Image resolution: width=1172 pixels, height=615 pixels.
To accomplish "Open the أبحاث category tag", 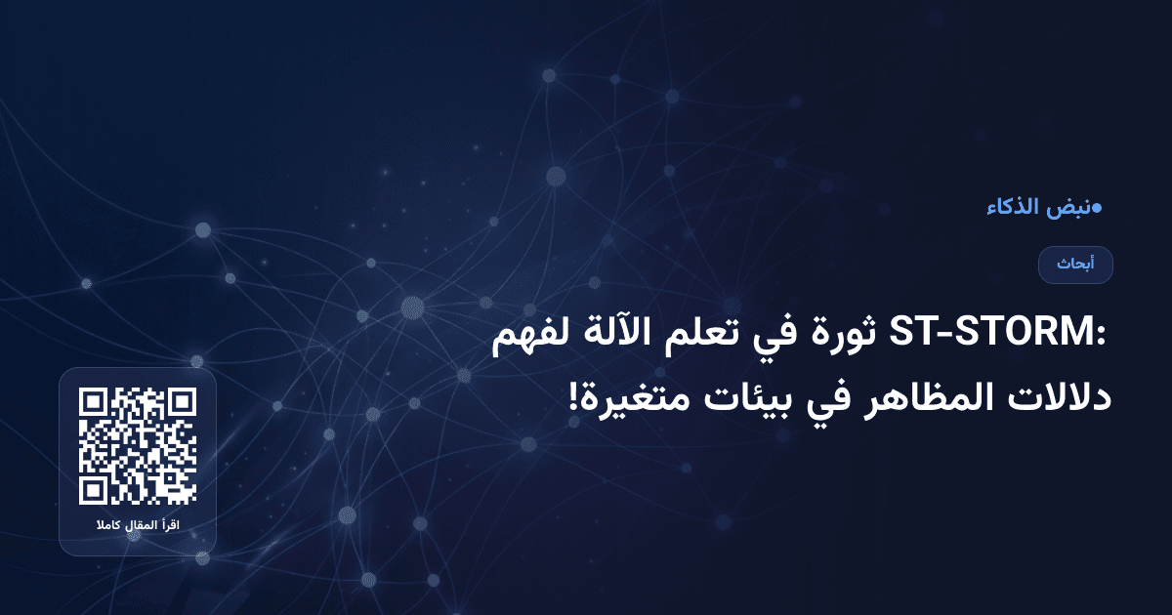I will coord(1075,265).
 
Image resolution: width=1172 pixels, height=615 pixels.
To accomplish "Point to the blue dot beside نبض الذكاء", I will coord(1097,207).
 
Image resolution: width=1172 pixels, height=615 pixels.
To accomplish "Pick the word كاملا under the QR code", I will coord(107,527).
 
